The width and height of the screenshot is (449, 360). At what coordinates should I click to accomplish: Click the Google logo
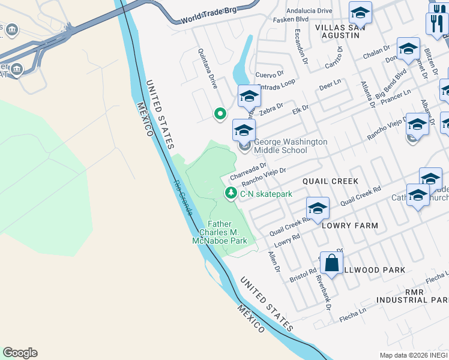20,353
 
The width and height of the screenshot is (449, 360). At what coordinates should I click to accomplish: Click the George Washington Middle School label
291,146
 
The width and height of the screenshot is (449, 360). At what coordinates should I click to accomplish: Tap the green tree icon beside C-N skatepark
231,193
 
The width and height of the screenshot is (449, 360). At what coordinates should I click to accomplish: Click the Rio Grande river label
184,197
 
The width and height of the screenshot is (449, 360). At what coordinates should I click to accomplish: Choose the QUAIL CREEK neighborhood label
330,181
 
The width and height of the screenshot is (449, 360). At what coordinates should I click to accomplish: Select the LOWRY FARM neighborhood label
350,226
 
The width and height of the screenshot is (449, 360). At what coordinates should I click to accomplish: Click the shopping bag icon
331,262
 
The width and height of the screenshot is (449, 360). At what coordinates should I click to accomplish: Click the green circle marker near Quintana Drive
220,113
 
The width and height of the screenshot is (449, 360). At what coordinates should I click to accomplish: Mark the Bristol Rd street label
303,275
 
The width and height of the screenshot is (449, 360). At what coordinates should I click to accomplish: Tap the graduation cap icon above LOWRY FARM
318,208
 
